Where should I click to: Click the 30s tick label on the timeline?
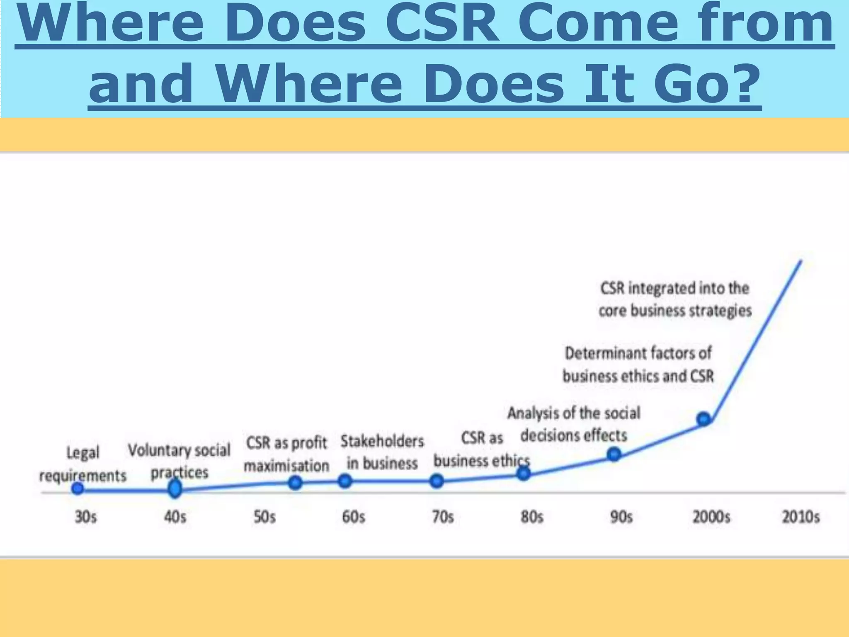(x=85, y=517)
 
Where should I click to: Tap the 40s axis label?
(x=175, y=517)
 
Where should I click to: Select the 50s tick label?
(x=264, y=517)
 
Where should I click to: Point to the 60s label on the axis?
(x=353, y=517)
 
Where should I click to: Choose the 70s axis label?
(x=443, y=517)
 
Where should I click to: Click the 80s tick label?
(x=532, y=517)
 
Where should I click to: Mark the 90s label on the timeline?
(x=621, y=517)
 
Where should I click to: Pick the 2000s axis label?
(x=711, y=517)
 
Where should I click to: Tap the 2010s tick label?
(x=800, y=517)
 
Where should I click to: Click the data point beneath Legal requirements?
(x=78, y=489)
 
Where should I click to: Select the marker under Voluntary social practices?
(x=175, y=489)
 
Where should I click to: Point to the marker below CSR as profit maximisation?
(x=295, y=482)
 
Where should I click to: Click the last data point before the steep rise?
(x=703, y=419)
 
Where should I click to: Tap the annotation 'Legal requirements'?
(x=82, y=464)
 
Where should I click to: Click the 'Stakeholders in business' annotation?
(x=382, y=452)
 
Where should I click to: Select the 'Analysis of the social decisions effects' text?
(x=574, y=424)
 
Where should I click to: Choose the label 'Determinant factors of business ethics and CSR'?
(x=638, y=365)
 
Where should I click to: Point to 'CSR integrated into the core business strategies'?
(x=675, y=299)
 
